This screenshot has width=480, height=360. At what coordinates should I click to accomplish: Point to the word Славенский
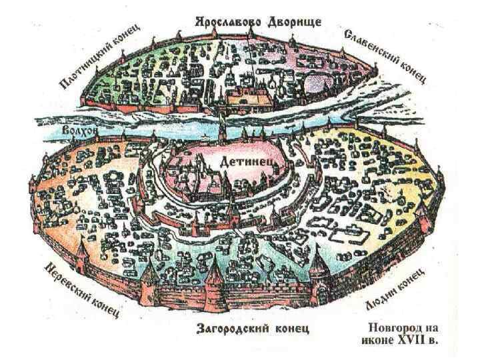pos(371,46)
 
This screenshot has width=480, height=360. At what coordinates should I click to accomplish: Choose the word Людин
pos(381,300)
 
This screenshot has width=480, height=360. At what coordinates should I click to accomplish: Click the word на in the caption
pos(431,328)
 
